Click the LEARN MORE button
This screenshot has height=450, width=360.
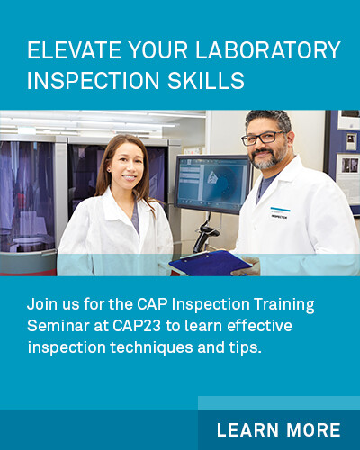click(x=278, y=428)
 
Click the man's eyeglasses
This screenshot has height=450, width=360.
click(x=263, y=139)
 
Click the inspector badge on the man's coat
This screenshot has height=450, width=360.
click(x=280, y=212)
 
